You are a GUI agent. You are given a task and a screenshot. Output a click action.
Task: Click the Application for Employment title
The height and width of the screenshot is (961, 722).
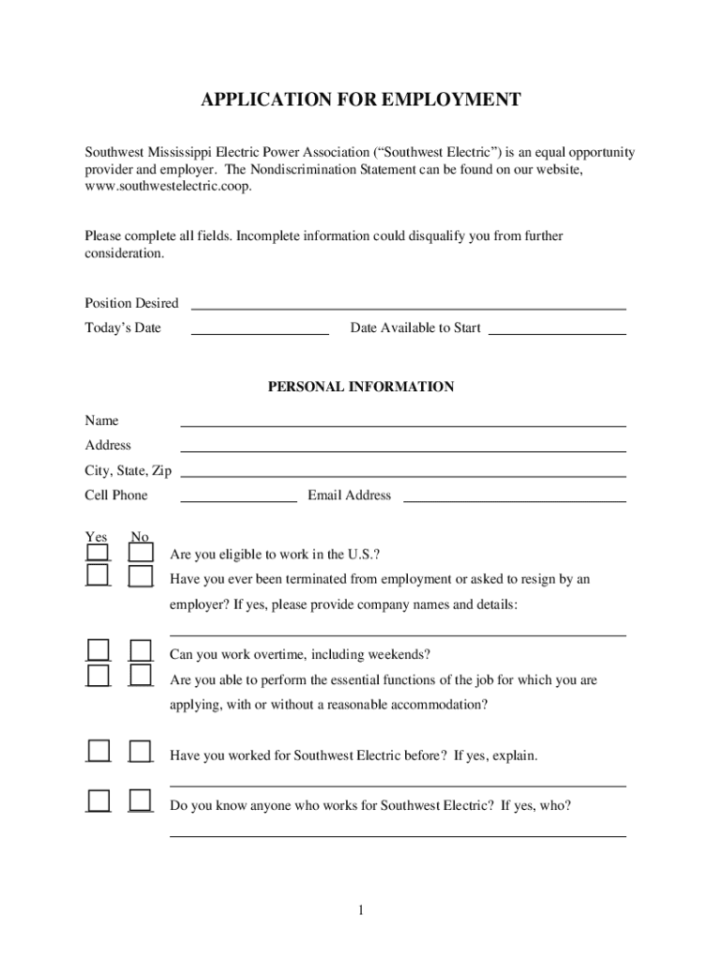tap(361, 100)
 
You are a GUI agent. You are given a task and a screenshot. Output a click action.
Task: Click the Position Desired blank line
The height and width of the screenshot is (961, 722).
tap(409, 303)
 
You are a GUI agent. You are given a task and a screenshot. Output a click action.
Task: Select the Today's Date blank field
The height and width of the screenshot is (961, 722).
tap(260, 328)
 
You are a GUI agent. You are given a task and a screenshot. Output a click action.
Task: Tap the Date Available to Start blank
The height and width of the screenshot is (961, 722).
tap(557, 328)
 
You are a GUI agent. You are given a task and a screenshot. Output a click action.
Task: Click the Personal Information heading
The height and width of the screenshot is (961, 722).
tap(361, 387)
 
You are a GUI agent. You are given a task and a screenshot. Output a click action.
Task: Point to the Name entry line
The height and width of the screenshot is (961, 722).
tap(403, 421)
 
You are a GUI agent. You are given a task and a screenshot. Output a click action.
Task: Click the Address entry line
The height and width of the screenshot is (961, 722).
tap(403, 446)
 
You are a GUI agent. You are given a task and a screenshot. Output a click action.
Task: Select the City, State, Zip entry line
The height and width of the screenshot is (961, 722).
tap(403, 471)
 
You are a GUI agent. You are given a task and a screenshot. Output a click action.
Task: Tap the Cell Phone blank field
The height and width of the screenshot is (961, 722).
tap(238, 496)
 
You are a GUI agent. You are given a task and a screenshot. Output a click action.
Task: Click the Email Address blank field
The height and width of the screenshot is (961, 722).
tap(514, 496)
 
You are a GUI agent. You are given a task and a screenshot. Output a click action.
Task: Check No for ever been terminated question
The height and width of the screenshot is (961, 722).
tap(141, 576)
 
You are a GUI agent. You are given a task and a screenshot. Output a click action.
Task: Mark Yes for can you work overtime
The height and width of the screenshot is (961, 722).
tap(98, 650)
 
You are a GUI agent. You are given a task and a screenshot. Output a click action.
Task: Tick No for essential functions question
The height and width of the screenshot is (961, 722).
tap(141, 676)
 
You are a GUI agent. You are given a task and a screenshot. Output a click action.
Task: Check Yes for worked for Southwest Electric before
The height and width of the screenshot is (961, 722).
tap(98, 751)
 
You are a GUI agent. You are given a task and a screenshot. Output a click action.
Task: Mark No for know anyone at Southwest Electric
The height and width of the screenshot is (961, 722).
tap(141, 801)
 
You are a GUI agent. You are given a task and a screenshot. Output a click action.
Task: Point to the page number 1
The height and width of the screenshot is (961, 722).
tap(361, 910)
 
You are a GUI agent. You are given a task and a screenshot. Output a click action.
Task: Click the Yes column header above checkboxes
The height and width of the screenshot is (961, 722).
tap(96, 537)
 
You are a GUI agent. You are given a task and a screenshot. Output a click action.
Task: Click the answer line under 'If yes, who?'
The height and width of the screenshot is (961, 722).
tap(398, 831)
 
